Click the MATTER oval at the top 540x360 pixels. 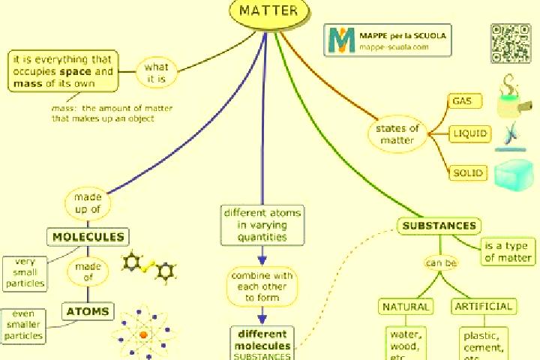(269, 12)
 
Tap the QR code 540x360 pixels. (511, 43)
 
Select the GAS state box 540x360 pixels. (464, 101)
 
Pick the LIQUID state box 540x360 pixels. (469, 133)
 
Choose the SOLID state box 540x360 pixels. (468, 172)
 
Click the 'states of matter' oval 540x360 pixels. (397, 134)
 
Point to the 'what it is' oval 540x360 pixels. (156, 72)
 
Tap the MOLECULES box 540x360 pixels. (88, 237)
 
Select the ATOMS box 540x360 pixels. (88, 311)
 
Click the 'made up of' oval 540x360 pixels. (88, 203)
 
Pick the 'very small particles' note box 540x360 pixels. (25, 274)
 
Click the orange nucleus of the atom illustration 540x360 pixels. (143, 334)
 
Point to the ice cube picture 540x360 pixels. (514, 175)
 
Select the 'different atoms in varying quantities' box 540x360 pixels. (262, 225)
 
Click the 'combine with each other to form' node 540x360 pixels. (262, 286)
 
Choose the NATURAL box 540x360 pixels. (406, 307)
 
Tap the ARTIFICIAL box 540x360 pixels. (484, 306)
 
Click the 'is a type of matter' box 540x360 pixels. (508, 251)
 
